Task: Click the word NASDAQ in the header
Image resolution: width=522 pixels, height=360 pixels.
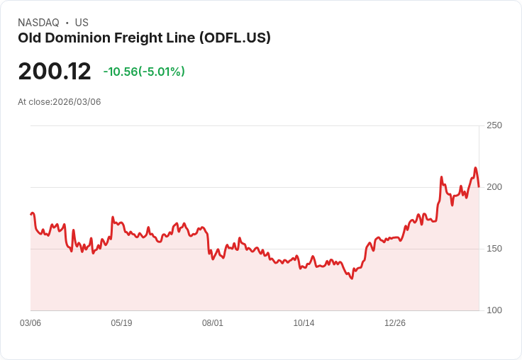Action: (38, 23)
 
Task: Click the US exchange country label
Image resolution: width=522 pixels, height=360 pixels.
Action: (82, 23)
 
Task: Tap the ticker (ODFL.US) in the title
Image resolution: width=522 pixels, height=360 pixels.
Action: (235, 38)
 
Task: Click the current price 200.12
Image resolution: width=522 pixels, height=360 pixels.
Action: (55, 72)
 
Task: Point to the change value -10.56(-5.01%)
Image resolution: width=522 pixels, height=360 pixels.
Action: (144, 72)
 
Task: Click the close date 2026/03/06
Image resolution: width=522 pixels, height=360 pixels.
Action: (77, 102)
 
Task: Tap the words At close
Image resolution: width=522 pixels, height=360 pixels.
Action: (34, 102)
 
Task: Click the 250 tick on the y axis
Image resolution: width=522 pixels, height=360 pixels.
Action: (494, 125)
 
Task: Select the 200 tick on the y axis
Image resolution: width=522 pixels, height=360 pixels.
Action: (494, 187)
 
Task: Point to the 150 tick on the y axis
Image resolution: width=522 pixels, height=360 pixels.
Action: (494, 249)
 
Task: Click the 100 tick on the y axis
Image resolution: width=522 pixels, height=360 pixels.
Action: (494, 310)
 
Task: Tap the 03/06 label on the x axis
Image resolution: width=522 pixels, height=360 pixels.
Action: (30, 323)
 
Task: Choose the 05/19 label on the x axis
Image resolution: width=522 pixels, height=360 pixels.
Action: (121, 323)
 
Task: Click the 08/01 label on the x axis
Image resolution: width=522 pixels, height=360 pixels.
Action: (213, 323)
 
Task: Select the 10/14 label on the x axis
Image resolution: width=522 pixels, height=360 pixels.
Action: (304, 323)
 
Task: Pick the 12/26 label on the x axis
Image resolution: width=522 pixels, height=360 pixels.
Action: (395, 323)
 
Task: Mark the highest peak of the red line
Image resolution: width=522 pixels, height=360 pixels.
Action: (475, 168)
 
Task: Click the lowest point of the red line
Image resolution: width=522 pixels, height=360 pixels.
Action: (351, 279)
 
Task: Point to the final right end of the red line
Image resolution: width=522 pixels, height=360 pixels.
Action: (479, 186)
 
